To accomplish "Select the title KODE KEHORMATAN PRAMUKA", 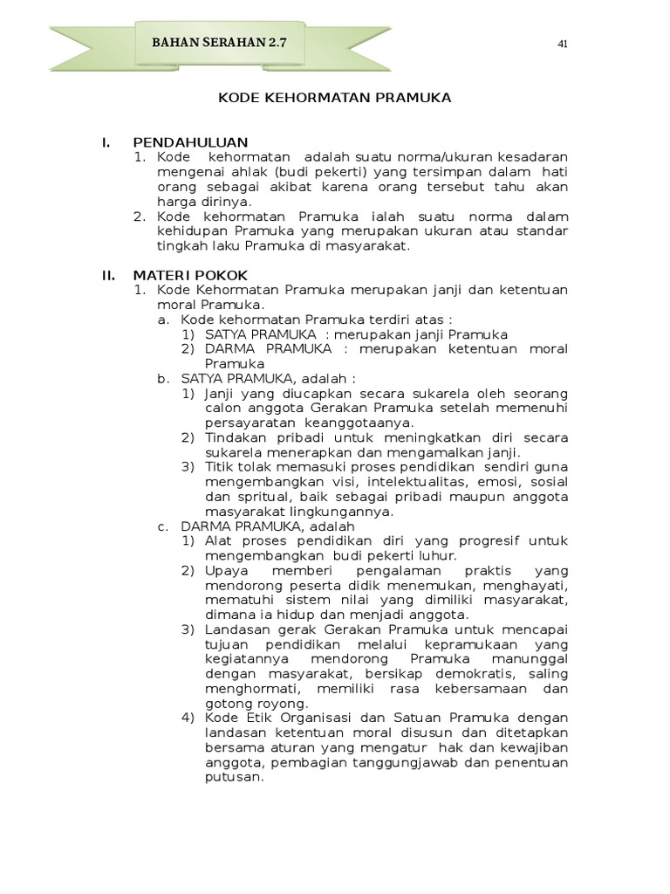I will [335, 98].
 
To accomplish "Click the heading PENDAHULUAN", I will [190, 142].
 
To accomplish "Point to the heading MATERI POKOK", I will [190, 275].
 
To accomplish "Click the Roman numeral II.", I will [108, 275].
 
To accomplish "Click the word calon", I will [222, 408].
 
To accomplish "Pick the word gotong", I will [227, 704].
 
